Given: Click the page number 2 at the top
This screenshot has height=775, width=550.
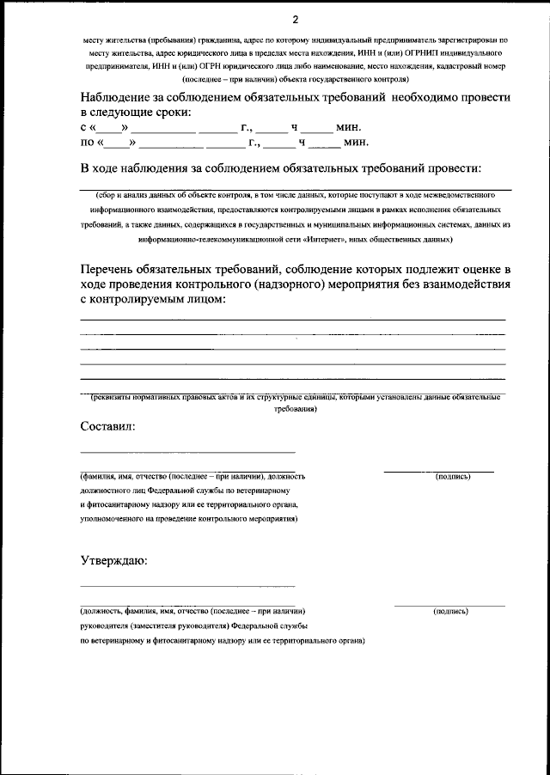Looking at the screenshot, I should pyautogui.click(x=295, y=19).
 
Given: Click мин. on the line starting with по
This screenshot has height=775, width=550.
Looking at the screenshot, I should pyautogui.click(x=356, y=143).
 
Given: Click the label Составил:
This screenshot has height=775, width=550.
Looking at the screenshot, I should pyautogui.click(x=107, y=426).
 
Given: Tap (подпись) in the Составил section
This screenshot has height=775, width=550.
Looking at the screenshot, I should pyautogui.click(x=453, y=475).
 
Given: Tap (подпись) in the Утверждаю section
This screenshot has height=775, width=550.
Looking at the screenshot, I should pyautogui.click(x=451, y=611).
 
